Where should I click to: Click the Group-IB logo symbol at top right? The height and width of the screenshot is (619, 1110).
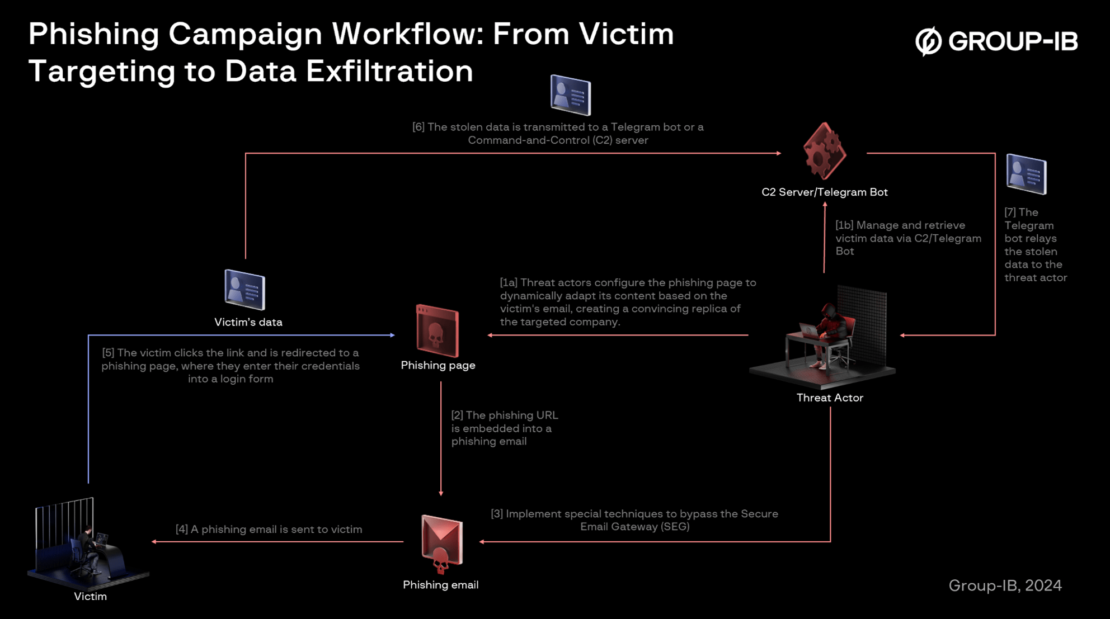(x=928, y=41)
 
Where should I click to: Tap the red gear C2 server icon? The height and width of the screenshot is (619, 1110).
(x=824, y=151)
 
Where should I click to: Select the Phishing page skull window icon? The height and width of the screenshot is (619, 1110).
(x=438, y=331)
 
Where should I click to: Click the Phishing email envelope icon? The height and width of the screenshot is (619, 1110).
(x=441, y=542)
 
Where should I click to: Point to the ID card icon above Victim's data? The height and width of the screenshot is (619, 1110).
(x=244, y=289)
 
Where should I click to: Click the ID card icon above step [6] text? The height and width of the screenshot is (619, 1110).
(x=570, y=94)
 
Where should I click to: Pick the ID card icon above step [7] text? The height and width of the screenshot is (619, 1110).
(x=1026, y=174)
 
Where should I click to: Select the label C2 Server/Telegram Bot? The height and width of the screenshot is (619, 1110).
(x=824, y=192)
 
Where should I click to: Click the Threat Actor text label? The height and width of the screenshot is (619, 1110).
(x=830, y=398)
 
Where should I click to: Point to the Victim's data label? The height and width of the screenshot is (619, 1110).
(x=248, y=323)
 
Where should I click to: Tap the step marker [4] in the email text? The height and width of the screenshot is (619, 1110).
(x=182, y=530)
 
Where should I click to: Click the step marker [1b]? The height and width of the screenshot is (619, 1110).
(x=844, y=225)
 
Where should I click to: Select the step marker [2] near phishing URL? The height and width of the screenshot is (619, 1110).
(x=457, y=415)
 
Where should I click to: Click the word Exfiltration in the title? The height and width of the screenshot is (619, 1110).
(x=389, y=72)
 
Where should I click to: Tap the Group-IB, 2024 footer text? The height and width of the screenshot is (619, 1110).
(x=1005, y=585)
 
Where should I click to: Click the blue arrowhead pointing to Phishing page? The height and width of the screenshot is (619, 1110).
(x=392, y=336)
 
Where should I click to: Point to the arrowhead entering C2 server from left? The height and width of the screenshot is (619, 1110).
(x=778, y=153)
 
